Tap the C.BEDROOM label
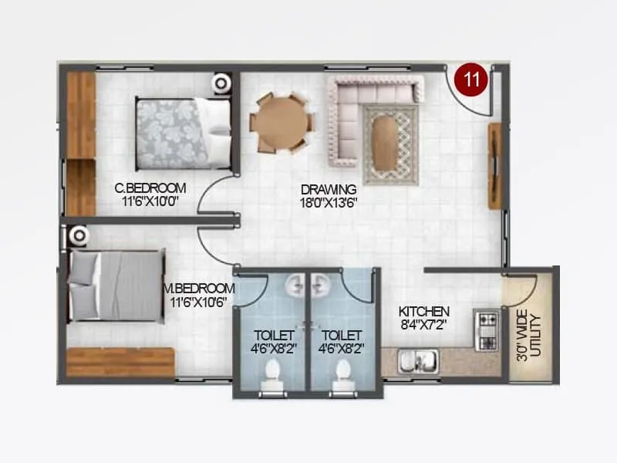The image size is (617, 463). (x=150, y=188)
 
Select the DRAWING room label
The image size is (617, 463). (x=329, y=189)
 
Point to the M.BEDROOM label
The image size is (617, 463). (x=200, y=288)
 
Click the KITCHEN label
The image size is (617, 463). (x=421, y=311)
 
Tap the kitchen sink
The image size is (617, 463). (x=417, y=360)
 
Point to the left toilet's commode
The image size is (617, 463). (x=270, y=377)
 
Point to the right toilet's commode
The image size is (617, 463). (x=340, y=377)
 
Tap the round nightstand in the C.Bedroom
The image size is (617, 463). (x=222, y=83)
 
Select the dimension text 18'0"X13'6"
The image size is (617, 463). (x=329, y=203)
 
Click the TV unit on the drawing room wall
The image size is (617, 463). (x=494, y=166)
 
